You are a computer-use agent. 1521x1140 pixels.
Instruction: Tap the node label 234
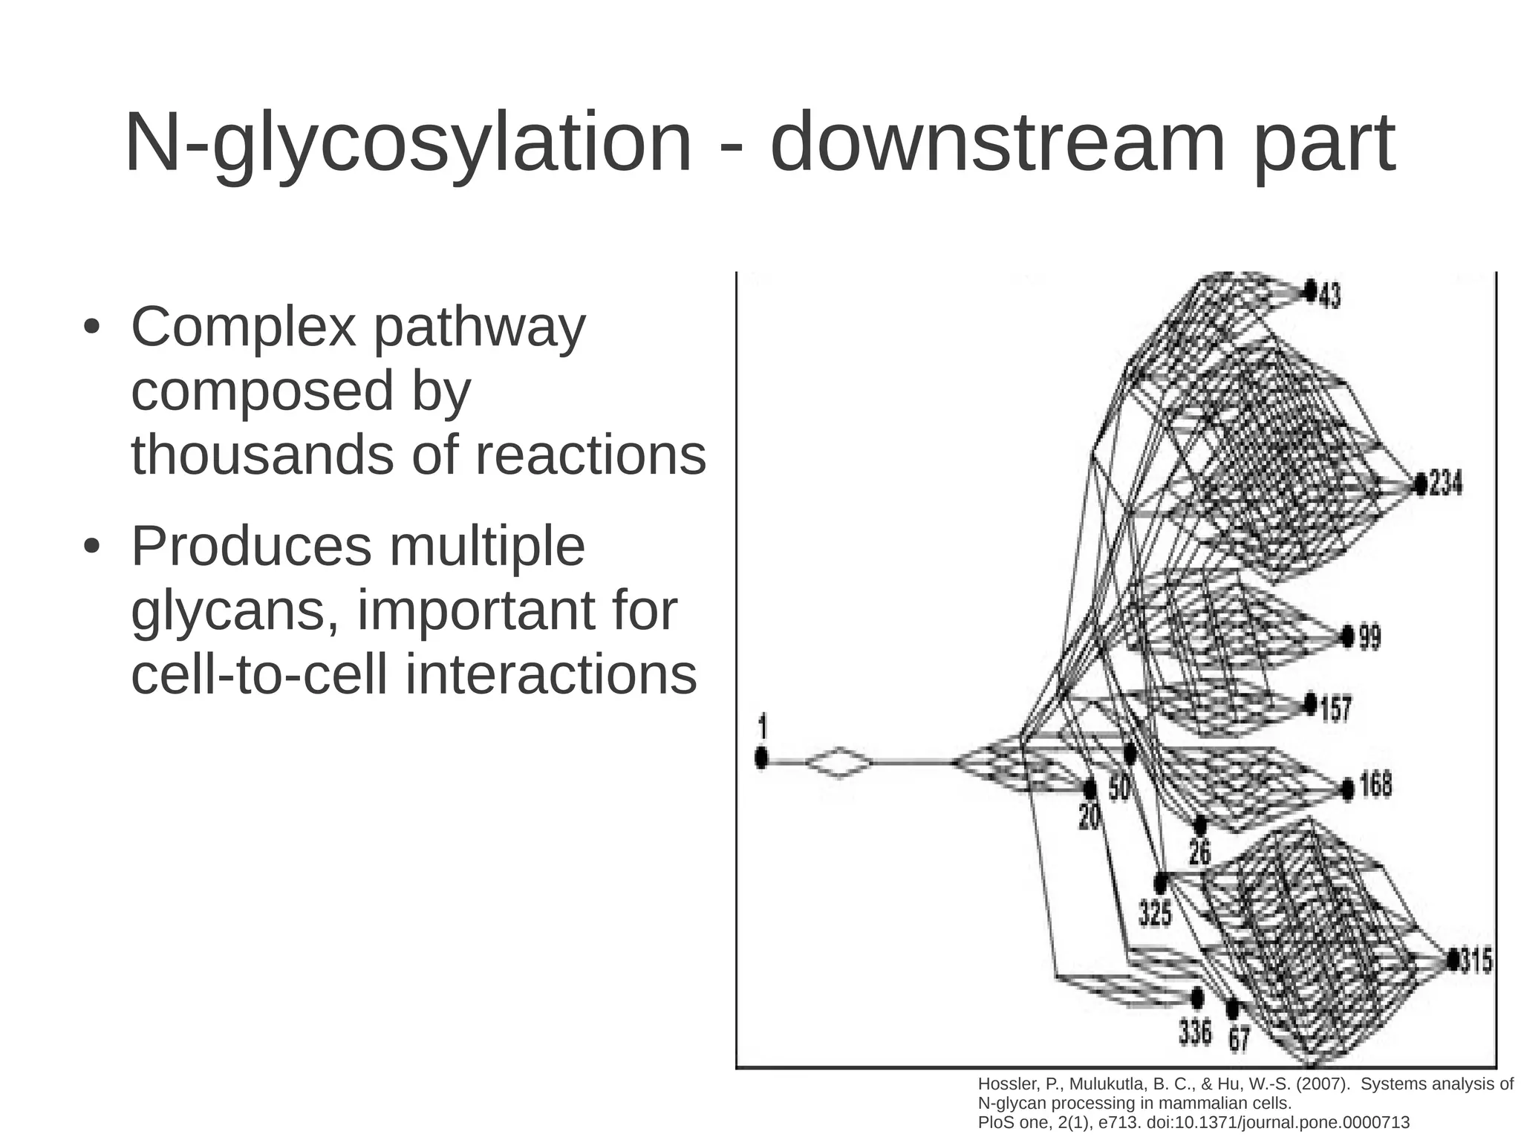[x=1445, y=483]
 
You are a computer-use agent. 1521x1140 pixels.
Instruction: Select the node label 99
[x=1369, y=637]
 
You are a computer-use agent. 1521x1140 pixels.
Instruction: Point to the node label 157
[x=1335, y=709]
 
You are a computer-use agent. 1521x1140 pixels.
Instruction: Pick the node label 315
[x=1476, y=960]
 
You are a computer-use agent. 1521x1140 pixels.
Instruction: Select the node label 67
[x=1239, y=1038]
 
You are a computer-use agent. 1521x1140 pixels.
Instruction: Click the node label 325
[x=1156, y=913]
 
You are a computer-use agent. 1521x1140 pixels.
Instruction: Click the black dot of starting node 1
[x=760, y=758]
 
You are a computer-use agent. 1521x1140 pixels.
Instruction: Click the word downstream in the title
[x=998, y=143]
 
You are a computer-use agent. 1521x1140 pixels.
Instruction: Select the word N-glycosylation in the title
[x=408, y=143]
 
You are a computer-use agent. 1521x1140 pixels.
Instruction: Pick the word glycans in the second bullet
[x=236, y=612]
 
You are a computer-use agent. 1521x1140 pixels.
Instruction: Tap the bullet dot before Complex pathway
[x=91, y=328]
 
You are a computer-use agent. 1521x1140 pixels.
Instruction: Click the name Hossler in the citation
[x=1003, y=1084]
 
